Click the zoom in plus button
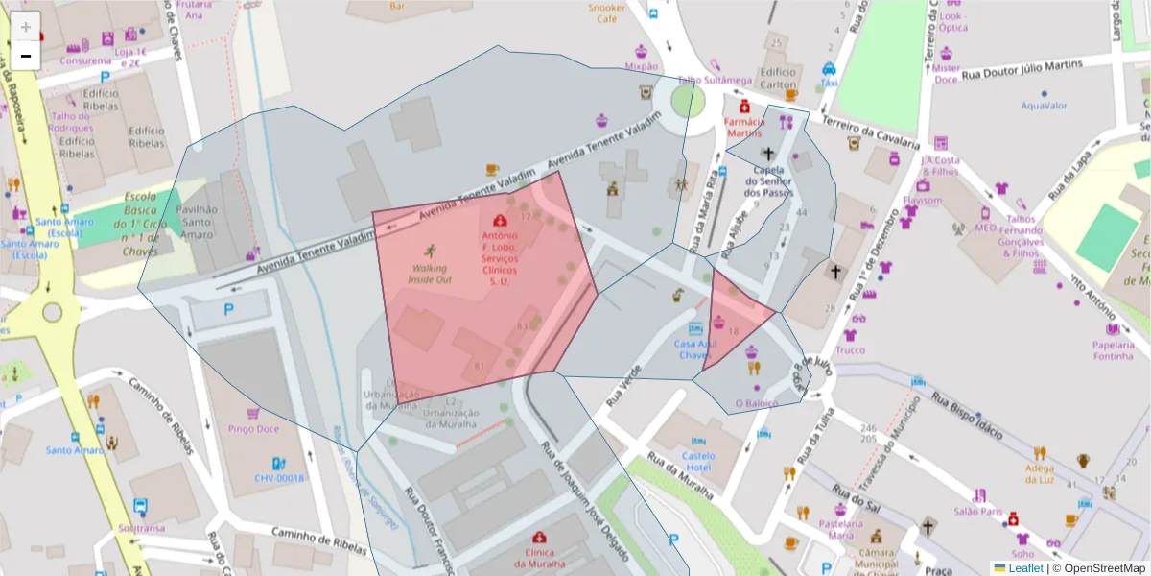point(26,26)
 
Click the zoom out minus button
point(26,56)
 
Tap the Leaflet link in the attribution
point(1024,568)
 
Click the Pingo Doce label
point(252,430)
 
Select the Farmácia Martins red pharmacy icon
point(744,107)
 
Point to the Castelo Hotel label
point(698,461)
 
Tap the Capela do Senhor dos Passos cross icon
point(767,153)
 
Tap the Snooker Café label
point(607,13)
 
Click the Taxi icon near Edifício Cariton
point(829,69)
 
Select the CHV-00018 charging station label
point(279,478)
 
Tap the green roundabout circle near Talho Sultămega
point(688,100)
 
